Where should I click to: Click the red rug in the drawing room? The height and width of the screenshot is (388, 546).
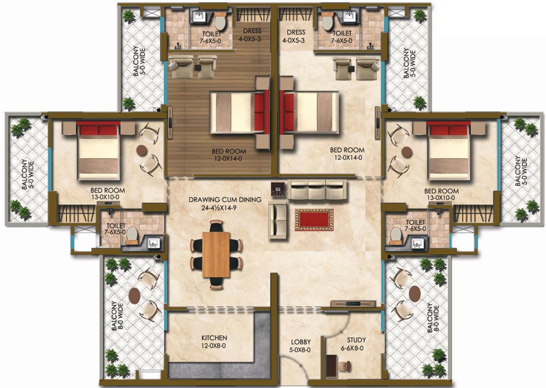(314, 220)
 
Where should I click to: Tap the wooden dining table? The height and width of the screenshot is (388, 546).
(216, 254)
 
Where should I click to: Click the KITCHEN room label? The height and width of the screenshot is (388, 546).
(214, 338)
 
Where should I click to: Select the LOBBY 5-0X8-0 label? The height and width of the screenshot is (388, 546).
(301, 346)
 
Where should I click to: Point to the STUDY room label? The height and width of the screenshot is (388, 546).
(356, 340)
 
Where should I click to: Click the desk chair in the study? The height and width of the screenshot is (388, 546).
(345, 366)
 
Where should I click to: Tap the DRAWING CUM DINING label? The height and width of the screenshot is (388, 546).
(225, 200)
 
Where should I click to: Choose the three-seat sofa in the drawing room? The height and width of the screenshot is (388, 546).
(317, 189)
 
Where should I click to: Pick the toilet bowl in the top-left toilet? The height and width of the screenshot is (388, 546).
(220, 22)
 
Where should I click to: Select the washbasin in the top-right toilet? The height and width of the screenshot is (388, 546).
(349, 16)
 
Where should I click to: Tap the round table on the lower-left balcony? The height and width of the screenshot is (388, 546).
(135, 296)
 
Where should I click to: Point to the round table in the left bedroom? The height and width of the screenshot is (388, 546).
(142, 150)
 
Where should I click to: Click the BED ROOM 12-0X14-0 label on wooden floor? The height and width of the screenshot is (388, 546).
(229, 155)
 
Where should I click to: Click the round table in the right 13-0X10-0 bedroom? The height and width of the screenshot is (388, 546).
(407, 152)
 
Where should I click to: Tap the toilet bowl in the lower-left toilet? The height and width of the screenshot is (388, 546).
(132, 234)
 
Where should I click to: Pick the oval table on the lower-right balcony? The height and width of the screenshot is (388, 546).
(414, 294)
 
